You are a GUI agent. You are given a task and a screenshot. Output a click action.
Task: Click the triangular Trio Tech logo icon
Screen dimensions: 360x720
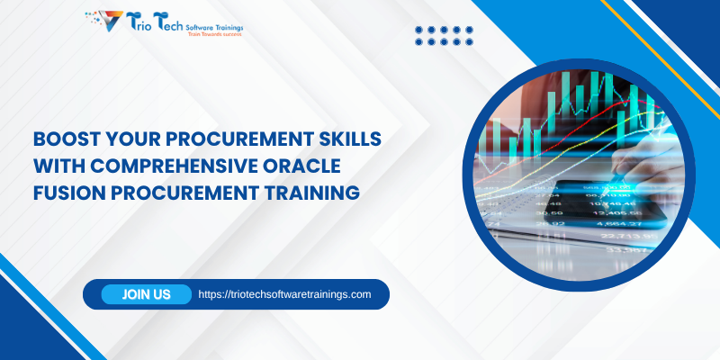[x=105, y=20]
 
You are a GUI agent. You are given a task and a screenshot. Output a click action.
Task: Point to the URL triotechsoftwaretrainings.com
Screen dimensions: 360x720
[x=284, y=294]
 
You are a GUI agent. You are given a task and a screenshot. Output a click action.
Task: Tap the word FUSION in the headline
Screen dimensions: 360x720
[x=66, y=192]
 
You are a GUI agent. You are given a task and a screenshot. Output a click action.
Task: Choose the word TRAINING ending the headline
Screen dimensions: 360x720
[x=315, y=192]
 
